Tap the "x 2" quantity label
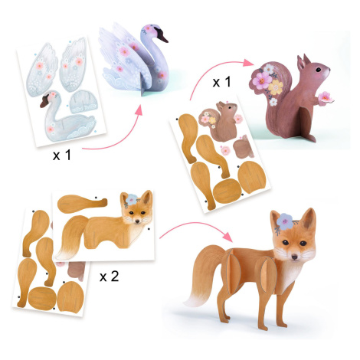109,277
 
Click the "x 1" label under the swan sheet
61,155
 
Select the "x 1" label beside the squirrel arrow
221,82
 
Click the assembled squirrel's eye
319,70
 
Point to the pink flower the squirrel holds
325,98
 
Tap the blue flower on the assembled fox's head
286,221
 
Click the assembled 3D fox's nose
294,257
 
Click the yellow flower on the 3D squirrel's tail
275,87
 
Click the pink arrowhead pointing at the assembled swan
139,111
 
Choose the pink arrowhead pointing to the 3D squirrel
248,62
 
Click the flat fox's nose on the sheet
138,222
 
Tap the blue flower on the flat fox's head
132,200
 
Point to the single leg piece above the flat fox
82,204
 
